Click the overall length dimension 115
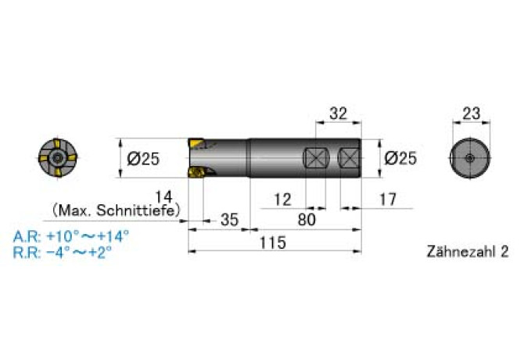(x=272, y=243)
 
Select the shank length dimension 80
(x=307, y=220)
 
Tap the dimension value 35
(x=230, y=220)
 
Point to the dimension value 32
(x=338, y=113)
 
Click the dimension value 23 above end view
(x=471, y=113)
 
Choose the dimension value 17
(x=388, y=200)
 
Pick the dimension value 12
(x=282, y=200)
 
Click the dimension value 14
(x=163, y=197)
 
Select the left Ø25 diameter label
(x=143, y=158)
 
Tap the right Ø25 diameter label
(x=400, y=158)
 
